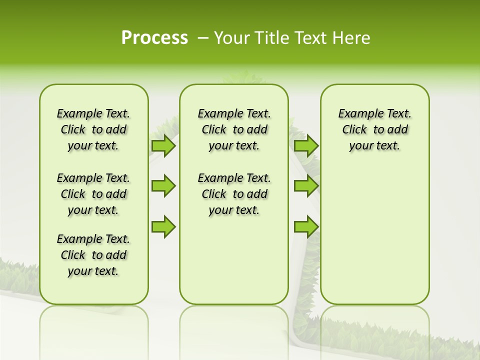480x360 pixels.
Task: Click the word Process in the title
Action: pyautogui.click(x=154, y=38)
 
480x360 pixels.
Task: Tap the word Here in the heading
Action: pyautogui.click(x=352, y=38)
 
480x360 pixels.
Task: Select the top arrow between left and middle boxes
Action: pyautogui.click(x=163, y=145)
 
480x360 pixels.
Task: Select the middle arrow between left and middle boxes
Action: pyautogui.click(x=163, y=186)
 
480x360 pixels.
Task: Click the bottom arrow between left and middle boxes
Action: pyautogui.click(x=163, y=226)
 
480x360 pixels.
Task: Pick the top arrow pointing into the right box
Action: pyautogui.click(x=306, y=145)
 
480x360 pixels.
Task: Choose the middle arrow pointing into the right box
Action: pyautogui.click(x=306, y=186)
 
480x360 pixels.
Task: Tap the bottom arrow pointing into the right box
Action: pyautogui.click(x=306, y=226)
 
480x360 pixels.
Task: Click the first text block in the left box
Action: pyautogui.click(x=93, y=129)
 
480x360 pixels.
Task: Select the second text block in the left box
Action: pyautogui.click(x=93, y=194)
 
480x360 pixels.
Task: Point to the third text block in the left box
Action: pyautogui.click(x=93, y=255)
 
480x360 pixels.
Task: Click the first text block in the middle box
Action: pyautogui.click(x=234, y=129)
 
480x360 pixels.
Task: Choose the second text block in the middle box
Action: pyautogui.click(x=234, y=194)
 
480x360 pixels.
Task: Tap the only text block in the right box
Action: pyautogui.click(x=374, y=129)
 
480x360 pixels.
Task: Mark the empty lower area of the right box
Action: pyautogui.click(x=374, y=235)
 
